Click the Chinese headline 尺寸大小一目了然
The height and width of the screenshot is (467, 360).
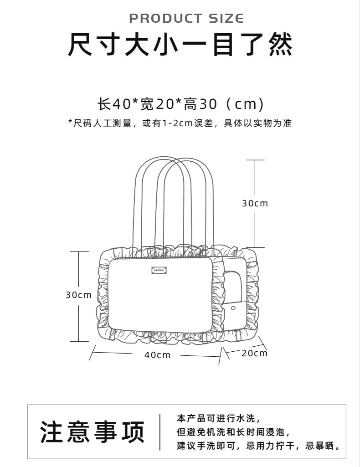180,45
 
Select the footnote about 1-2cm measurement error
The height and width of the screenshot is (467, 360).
180,123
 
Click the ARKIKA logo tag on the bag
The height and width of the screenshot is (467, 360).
159,270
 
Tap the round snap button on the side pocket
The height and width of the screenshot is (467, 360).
233,308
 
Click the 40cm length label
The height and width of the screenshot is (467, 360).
157,355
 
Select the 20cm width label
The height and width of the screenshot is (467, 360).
254,353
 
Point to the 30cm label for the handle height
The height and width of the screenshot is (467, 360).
255,203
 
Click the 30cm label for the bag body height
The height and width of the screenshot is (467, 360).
79,295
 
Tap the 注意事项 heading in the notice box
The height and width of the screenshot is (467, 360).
93,431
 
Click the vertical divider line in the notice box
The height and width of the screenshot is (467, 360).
160,432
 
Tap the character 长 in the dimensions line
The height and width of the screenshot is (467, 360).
104,104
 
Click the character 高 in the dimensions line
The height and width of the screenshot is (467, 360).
190,104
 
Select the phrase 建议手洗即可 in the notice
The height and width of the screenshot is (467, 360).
206,446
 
